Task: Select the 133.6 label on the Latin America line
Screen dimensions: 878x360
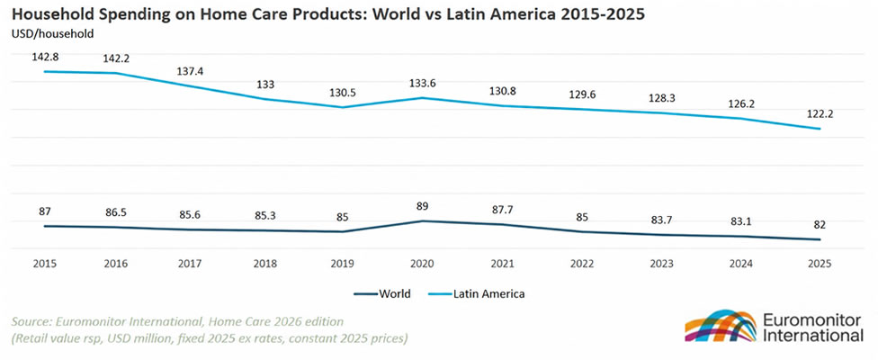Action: click(x=422, y=83)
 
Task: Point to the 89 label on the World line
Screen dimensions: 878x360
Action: click(x=422, y=206)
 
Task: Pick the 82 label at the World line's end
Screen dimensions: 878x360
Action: click(x=820, y=224)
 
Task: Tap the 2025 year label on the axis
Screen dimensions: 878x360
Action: click(x=820, y=264)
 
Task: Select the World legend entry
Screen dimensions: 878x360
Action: click(x=382, y=293)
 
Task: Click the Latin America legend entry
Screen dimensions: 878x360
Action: click(x=476, y=293)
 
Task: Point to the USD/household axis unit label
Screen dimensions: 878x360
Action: click(x=52, y=33)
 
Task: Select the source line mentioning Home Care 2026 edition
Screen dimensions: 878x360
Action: click(x=177, y=321)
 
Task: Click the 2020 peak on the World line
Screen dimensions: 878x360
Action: click(x=422, y=221)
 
